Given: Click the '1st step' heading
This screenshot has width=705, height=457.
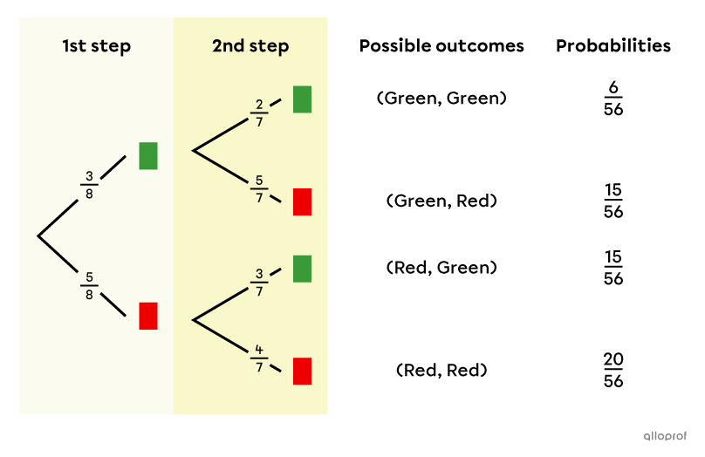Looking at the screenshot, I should click(96, 46).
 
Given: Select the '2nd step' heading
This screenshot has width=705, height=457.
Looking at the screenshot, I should click(250, 46).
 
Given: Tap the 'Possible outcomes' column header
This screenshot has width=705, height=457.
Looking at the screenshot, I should click(441, 46).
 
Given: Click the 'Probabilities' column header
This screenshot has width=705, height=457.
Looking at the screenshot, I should click(613, 46).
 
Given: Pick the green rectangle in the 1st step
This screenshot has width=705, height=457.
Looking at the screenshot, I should click(148, 156).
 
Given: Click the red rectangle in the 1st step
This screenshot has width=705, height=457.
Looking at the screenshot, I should click(148, 316).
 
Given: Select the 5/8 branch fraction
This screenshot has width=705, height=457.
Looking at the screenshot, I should click(89, 286).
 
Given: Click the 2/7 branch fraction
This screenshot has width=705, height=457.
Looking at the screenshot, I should click(259, 113).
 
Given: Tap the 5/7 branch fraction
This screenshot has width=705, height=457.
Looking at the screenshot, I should click(259, 188).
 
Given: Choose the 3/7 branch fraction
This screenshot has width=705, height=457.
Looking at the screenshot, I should click(259, 283).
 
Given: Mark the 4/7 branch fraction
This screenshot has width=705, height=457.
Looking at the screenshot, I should click(259, 358).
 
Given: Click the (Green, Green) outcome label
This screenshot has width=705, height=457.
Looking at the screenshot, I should click(441, 99).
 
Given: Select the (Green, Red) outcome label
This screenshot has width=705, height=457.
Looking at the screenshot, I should click(441, 201).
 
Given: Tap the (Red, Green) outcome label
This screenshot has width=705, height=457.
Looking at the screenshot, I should click(441, 268).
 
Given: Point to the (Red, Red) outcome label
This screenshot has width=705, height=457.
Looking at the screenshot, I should click(441, 371).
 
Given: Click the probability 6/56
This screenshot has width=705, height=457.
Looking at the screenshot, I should click(613, 99).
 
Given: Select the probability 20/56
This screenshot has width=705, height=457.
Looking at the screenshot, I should click(613, 371).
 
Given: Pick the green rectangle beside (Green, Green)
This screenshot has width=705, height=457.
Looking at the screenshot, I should click(302, 99).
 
